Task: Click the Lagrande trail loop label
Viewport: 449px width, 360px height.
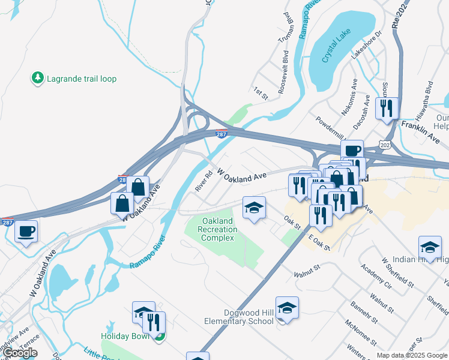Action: [82, 79]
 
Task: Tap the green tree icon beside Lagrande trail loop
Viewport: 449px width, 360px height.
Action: [38, 78]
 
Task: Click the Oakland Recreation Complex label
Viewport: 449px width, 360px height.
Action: [217, 230]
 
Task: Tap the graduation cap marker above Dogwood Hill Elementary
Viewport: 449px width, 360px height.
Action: [288, 307]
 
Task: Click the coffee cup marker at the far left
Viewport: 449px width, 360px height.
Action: [25, 230]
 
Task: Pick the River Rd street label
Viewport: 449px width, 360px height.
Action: [204, 182]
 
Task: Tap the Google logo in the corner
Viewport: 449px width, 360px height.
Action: [19, 353]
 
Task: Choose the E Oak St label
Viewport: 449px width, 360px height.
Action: [319, 242]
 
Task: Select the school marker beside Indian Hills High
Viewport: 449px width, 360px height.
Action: [430, 247]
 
